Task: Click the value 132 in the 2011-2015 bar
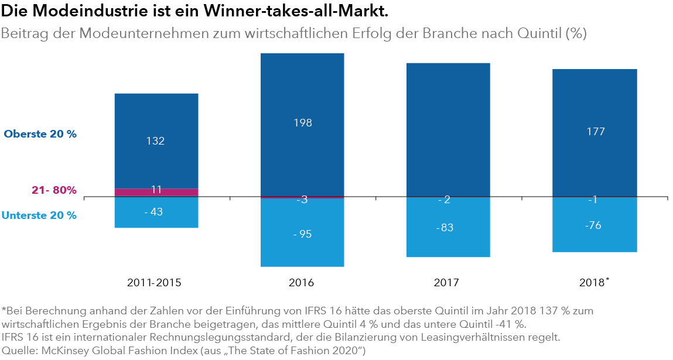[x=156, y=141]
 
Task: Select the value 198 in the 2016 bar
[x=302, y=123]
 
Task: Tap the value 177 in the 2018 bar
[x=595, y=132]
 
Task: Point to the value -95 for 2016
[x=302, y=234]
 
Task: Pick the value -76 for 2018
[x=595, y=226]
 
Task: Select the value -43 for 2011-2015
[x=153, y=212]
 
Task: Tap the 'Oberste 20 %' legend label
[x=40, y=134]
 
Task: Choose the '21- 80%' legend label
[x=54, y=190]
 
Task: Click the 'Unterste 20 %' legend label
[x=39, y=215]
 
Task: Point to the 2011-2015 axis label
[x=154, y=283]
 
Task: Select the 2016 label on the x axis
[x=302, y=283]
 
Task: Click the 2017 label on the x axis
[x=446, y=283]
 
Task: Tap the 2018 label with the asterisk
[x=593, y=283]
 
